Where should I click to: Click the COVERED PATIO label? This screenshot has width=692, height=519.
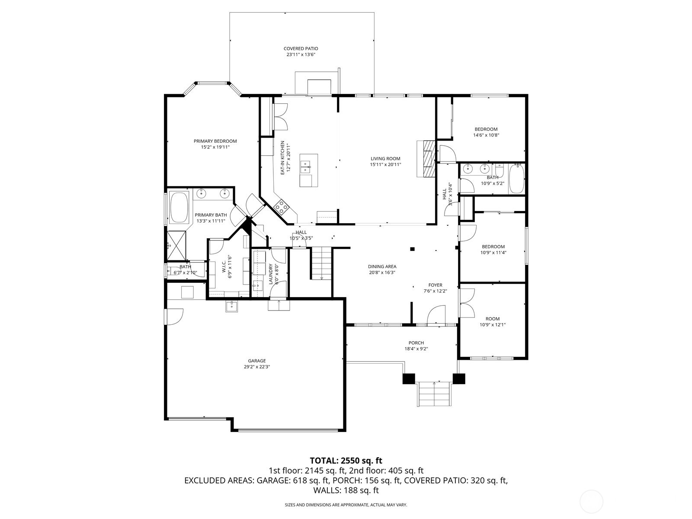tap(301, 49)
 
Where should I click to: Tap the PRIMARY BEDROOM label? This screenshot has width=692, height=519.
tap(215, 141)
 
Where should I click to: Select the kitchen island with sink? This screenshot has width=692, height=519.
tap(309, 170)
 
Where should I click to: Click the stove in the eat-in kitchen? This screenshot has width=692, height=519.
tap(282, 208)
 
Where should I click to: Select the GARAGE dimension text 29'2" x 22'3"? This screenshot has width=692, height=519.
tap(257, 367)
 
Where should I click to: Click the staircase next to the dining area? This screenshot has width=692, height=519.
tap(320, 263)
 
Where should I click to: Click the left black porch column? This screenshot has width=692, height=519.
tap(409, 378)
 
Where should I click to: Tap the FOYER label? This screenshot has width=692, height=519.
tap(435, 285)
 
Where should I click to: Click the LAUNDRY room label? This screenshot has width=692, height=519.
tap(271, 274)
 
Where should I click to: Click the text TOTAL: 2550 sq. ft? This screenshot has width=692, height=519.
tap(346, 460)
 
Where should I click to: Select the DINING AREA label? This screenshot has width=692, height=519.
tap(382, 266)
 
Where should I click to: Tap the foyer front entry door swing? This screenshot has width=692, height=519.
tap(437, 314)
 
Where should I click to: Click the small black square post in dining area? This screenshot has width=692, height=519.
tap(412, 249)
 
